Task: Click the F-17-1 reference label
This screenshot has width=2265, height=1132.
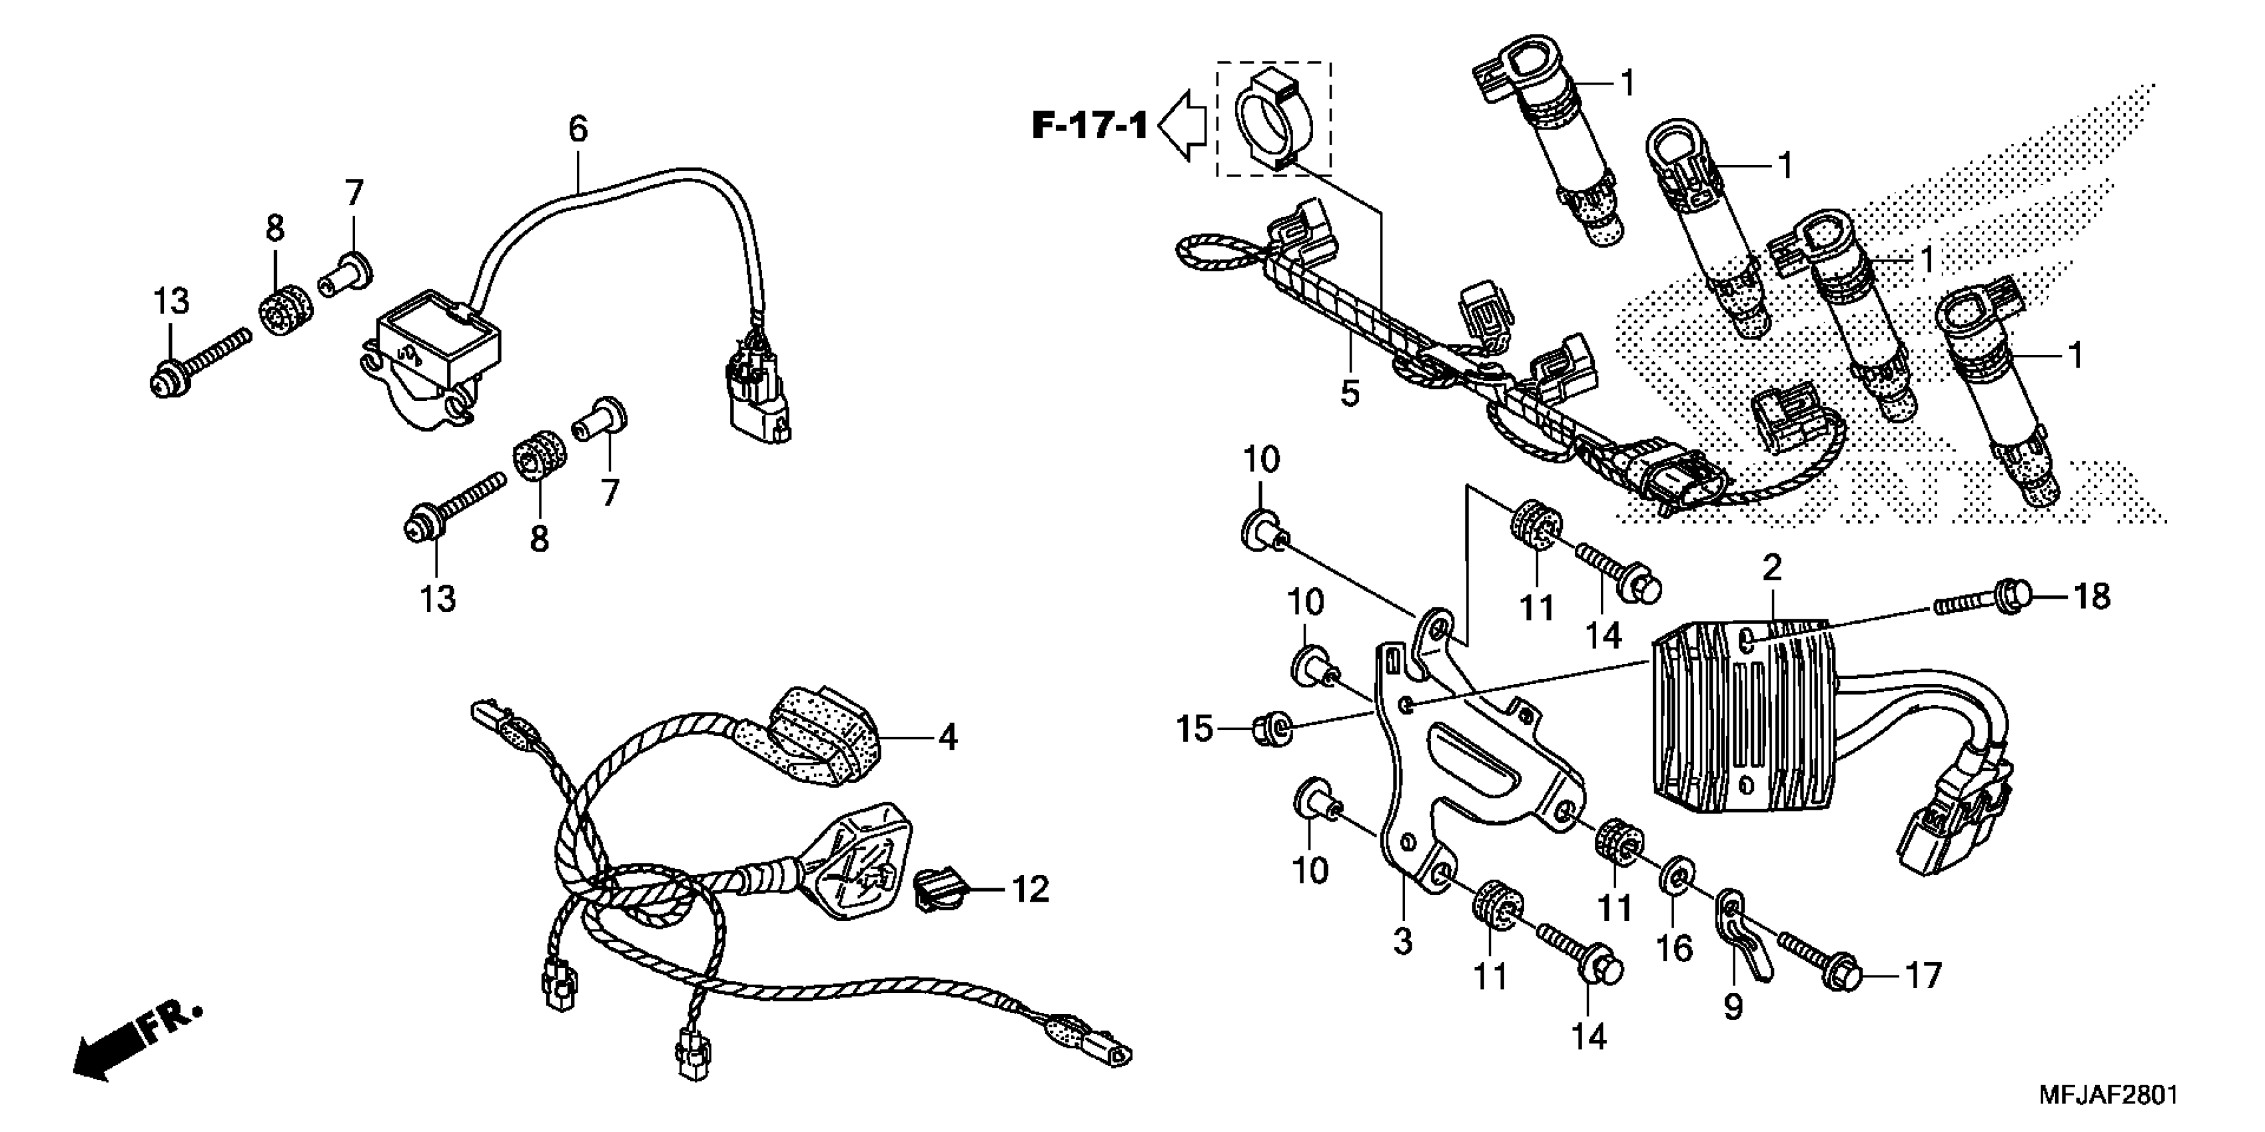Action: point(1089,126)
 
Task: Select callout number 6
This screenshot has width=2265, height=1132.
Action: point(577,129)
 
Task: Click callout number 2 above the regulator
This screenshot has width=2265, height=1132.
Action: point(1772,568)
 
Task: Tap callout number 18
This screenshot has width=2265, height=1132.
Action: point(2092,597)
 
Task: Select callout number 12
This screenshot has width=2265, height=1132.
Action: point(1031,890)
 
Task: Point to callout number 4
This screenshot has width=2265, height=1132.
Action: point(947,737)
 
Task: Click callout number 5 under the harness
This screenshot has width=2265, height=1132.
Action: point(1350,393)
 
